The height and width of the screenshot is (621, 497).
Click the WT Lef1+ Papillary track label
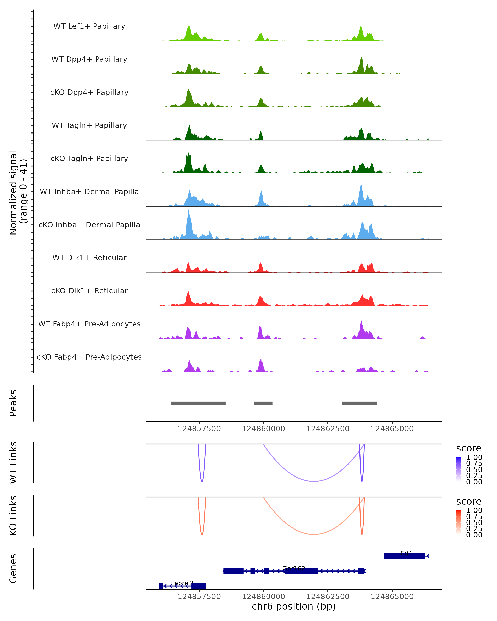(89, 26)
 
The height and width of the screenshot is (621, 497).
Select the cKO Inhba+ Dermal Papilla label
(89, 225)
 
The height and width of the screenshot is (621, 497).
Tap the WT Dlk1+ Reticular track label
(89, 258)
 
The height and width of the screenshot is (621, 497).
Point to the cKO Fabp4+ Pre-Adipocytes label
(89, 357)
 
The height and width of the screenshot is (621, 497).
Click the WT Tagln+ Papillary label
(89, 125)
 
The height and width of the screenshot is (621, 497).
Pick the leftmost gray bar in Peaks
(198, 403)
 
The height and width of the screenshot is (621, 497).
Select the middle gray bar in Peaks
(263, 403)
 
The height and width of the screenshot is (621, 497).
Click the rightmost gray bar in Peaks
(359, 403)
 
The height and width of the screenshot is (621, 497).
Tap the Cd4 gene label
(406, 553)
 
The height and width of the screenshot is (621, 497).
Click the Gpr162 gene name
(294, 568)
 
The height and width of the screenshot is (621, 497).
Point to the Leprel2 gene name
(182, 583)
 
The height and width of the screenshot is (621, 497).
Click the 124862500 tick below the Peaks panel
(328, 429)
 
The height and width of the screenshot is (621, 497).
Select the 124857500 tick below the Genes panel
(199, 596)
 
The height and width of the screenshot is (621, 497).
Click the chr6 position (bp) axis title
(294, 606)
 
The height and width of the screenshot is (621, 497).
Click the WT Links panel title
(13, 463)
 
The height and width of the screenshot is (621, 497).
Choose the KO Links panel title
(13, 516)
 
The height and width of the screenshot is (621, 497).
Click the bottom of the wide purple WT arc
(314, 481)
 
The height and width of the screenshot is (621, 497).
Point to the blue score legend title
(468, 448)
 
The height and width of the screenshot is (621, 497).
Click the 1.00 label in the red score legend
(474, 510)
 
